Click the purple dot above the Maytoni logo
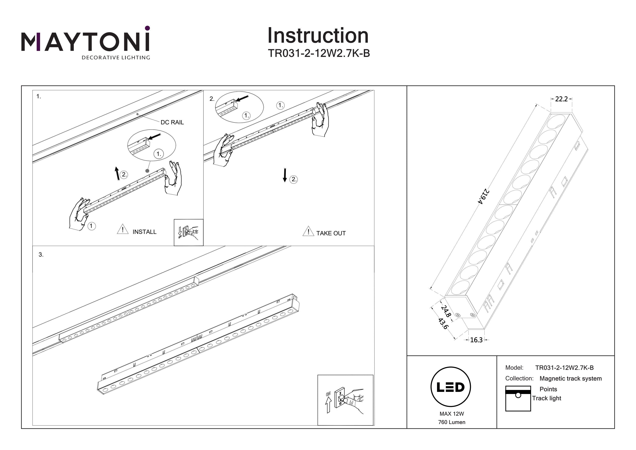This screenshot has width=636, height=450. [x=147, y=28]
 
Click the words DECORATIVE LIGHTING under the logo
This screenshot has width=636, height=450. [x=116, y=58]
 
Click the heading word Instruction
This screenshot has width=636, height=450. [x=318, y=36]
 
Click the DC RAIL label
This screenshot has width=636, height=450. [x=172, y=122]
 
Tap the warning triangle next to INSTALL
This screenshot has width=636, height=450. [x=123, y=230]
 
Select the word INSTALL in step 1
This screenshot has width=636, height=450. [x=144, y=232]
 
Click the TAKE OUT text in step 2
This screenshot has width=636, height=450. [x=331, y=233]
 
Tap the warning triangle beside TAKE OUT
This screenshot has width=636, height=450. [x=308, y=231]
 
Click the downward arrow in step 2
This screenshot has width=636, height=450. [x=285, y=175]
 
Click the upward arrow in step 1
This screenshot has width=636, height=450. [x=117, y=173]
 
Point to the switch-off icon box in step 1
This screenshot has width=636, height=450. [x=188, y=232]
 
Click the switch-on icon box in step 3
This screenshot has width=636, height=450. [x=345, y=400]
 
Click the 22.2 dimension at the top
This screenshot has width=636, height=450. [x=561, y=99]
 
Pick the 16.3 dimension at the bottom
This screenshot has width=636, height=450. [x=476, y=340]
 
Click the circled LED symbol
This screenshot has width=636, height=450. [x=451, y=387]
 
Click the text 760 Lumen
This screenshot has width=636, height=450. [x=452, y=422]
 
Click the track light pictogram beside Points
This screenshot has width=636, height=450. [x=518, y=398]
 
